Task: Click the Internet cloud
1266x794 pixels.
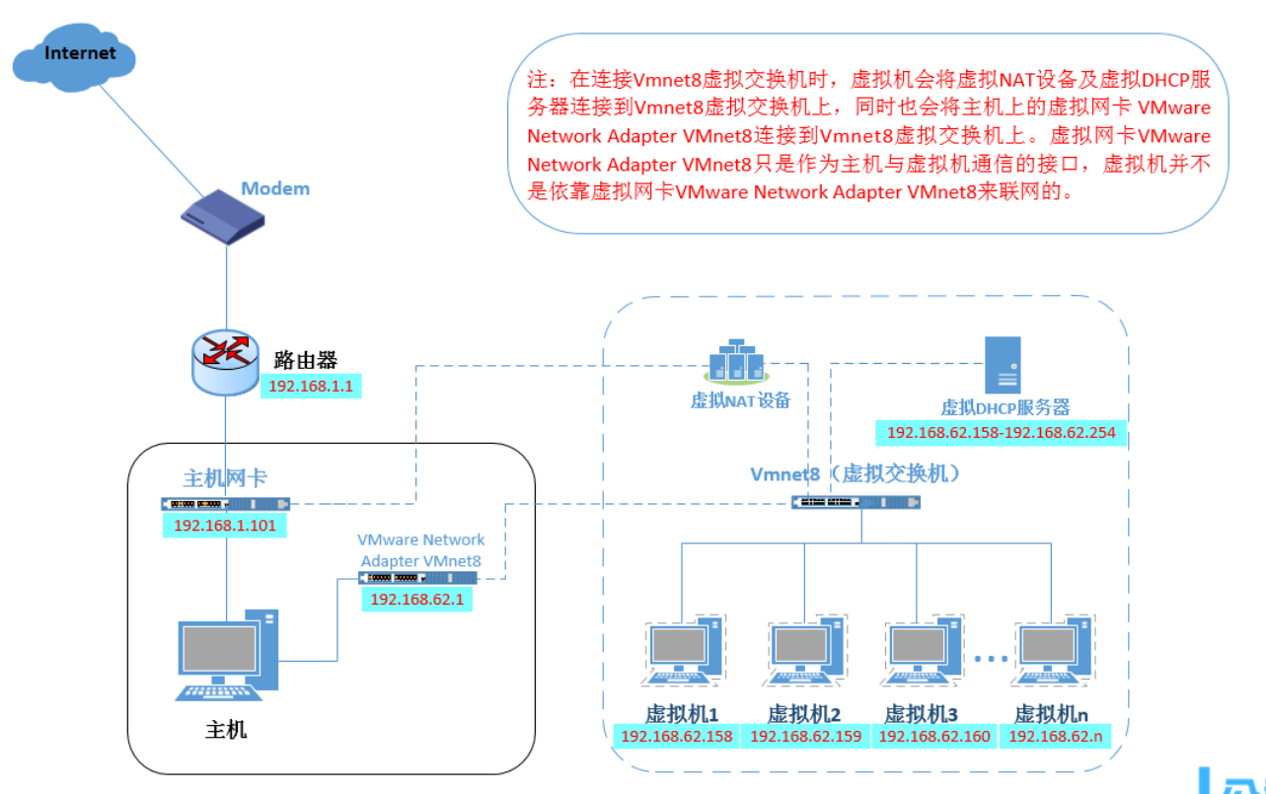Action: (x=74, y=57)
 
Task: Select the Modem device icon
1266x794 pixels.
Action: (x=223, y=217)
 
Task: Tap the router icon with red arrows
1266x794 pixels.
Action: (x=226, y=362)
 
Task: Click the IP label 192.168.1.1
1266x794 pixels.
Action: (x=311, y=387)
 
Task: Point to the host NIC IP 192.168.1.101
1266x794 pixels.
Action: (x=225, y=526)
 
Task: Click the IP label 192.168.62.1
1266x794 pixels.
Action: (x=417, y=599)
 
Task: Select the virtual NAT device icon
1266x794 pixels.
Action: (x=736, y=361)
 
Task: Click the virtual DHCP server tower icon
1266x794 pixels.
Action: (x=1003, y=365)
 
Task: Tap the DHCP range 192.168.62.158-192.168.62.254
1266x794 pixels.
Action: (x=1001, y=433)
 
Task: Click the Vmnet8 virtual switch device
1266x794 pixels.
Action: (x=856, y=502)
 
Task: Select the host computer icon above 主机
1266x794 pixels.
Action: (x=227, y=656)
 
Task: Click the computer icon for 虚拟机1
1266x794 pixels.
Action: (x=683, y=650)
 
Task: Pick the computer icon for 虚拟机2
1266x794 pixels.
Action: (x=805, y=650)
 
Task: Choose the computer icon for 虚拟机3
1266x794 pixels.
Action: (x=922, y=650)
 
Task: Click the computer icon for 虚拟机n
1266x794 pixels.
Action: (x=1053, y=650)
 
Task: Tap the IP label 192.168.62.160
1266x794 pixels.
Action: (x=934, y=737)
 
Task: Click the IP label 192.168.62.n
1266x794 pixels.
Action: (x=1055, y=737)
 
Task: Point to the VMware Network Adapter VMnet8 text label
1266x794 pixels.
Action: (x=421, y=550)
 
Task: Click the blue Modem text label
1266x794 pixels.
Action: (x=275, y=188)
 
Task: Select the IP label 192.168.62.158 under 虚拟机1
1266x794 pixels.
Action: (x=677, y=737)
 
